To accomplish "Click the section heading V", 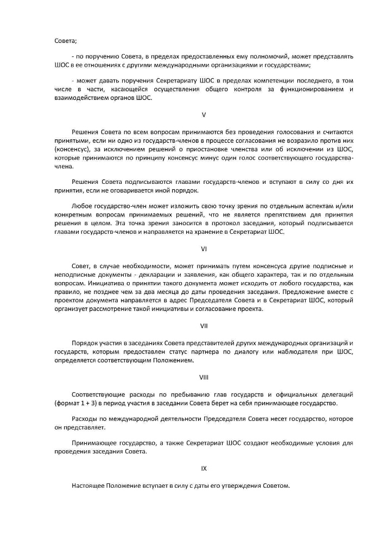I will pyautogui.click(x=204, y=115).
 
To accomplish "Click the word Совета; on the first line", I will pyautogui.click(x=66, y=40).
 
